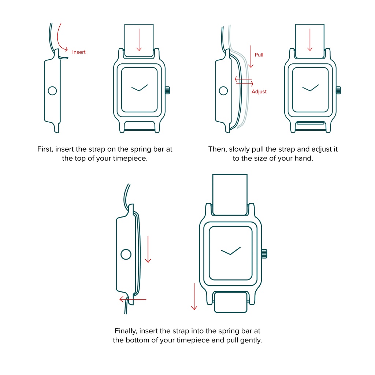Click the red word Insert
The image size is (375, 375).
point(79,52)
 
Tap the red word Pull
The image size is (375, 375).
point(259,55)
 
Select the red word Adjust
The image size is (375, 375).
point(259,92)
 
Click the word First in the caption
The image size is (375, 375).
point(45,149)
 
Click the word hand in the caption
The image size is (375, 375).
point(304,159)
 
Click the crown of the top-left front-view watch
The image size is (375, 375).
point(168,90)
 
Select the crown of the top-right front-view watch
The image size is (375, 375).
point(338,90)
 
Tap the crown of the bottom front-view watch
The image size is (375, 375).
point(264,253)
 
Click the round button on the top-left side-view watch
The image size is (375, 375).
point(52,90)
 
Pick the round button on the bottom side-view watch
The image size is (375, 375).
point(126,254)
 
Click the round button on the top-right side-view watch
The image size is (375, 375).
point(223,91)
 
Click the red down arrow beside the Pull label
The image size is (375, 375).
point(250,57)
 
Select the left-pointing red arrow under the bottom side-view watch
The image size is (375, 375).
point(133,300)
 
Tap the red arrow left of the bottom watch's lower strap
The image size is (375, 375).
point(194,296)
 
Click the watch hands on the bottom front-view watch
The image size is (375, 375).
point(231,251)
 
